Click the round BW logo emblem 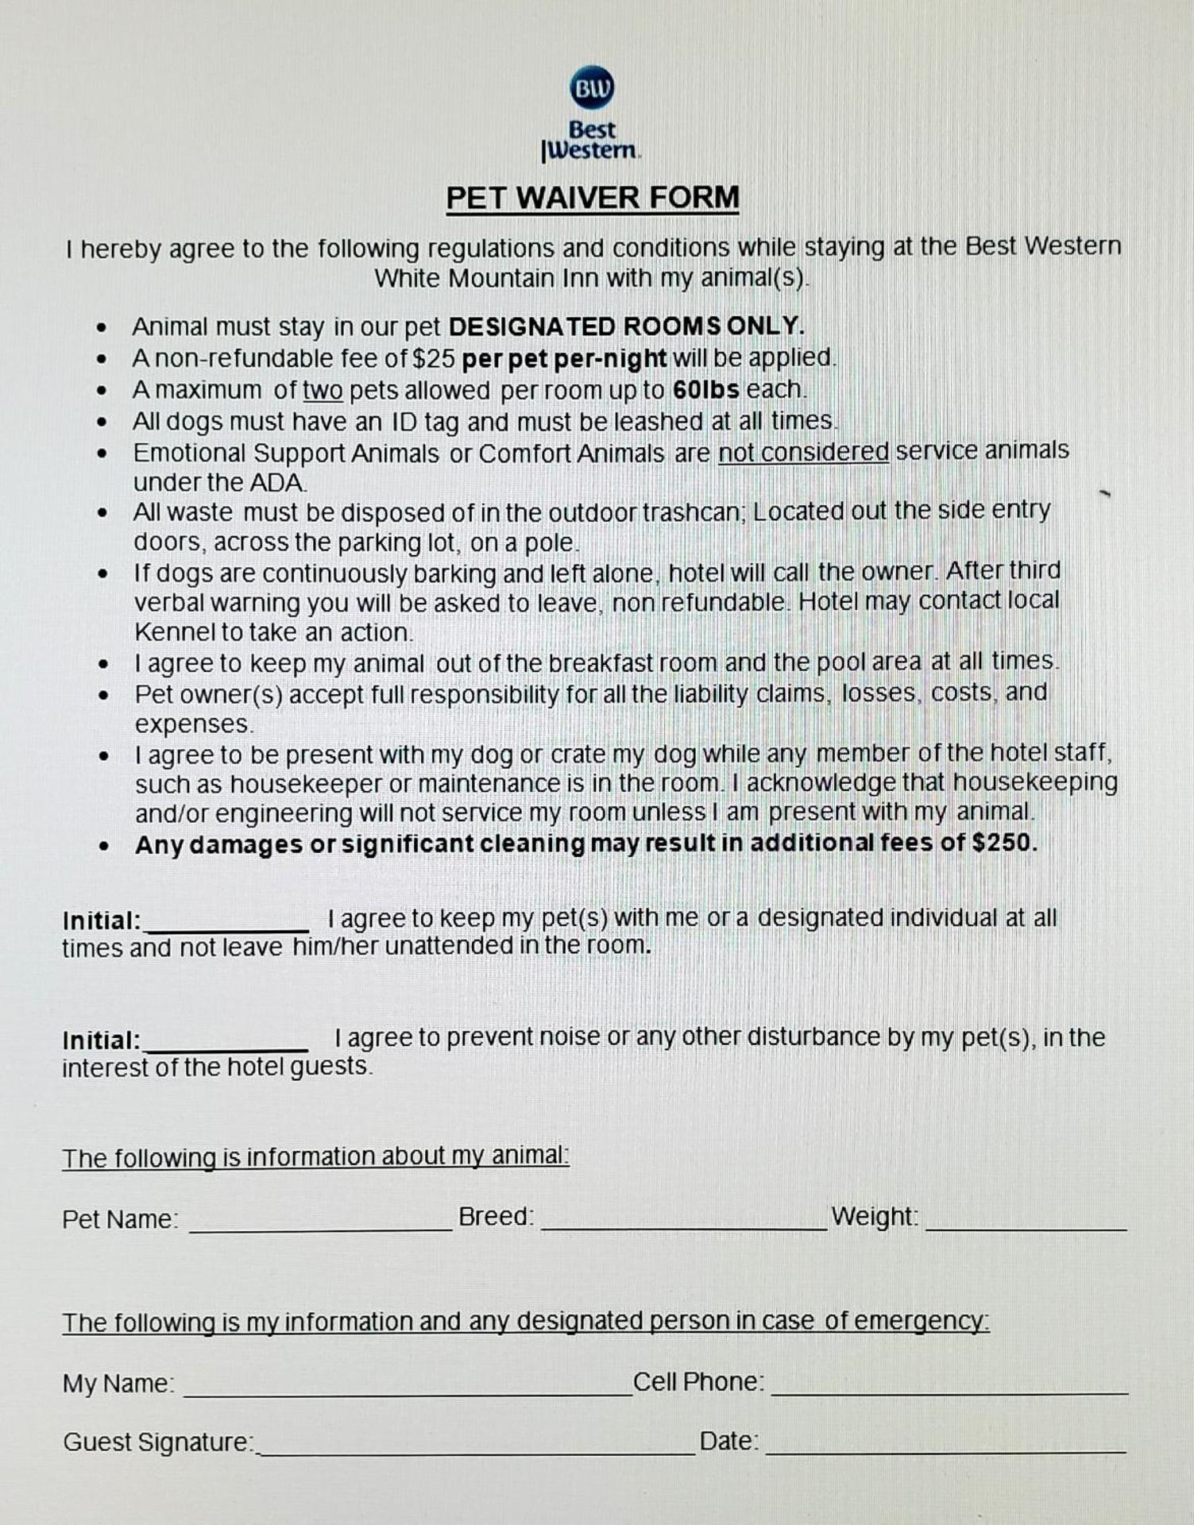[x=592, y=87]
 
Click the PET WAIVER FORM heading [x=592, y=197]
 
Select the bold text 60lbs [x=705, y=389]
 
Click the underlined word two [x=323, y=390]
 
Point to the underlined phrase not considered [x=803, y=451]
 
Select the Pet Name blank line [x=320, y=1227]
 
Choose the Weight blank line [x=1026, y=1227]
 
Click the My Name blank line [x=408, y=1392]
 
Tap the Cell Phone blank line [x=949, y=1391]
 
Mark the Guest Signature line [x=477, y=1451]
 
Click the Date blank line [x=945, y=1450]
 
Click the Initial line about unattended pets [x=227, y=927]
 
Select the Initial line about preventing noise [x=227, y=1047]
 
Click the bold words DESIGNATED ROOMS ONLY [x=627, y=326]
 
